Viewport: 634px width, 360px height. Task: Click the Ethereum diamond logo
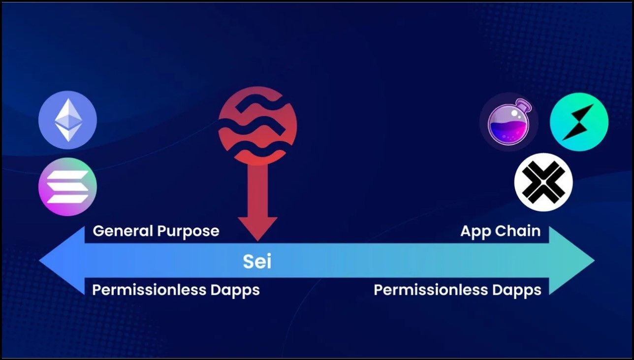(67, 120)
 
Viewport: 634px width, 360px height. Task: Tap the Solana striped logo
(67, 187)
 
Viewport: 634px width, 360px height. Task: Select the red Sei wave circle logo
(257, 126)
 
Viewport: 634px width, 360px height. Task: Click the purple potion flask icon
(509, 122)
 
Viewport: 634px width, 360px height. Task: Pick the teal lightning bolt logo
(579, 122)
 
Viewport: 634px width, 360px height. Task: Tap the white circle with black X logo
(544, 182)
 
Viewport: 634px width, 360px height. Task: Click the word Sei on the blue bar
(257, 262)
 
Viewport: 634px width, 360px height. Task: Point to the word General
(123, 230)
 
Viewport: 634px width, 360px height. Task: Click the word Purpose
(188, 231)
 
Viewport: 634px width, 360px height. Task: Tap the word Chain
(518, 231)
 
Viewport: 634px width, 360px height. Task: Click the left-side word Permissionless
(149, 290)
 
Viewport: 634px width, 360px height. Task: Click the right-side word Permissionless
(431, 290)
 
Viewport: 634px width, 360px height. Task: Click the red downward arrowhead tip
(257, 241)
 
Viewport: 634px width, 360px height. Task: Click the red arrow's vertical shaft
(257, 191)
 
